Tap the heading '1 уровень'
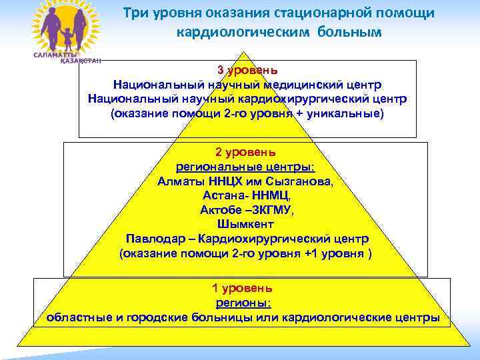tap(242, 289)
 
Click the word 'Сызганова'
tap(301, 181)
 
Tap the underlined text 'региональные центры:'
tap(245, 166)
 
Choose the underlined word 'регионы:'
tap(242, 303)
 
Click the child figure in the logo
tap(64, 34)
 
